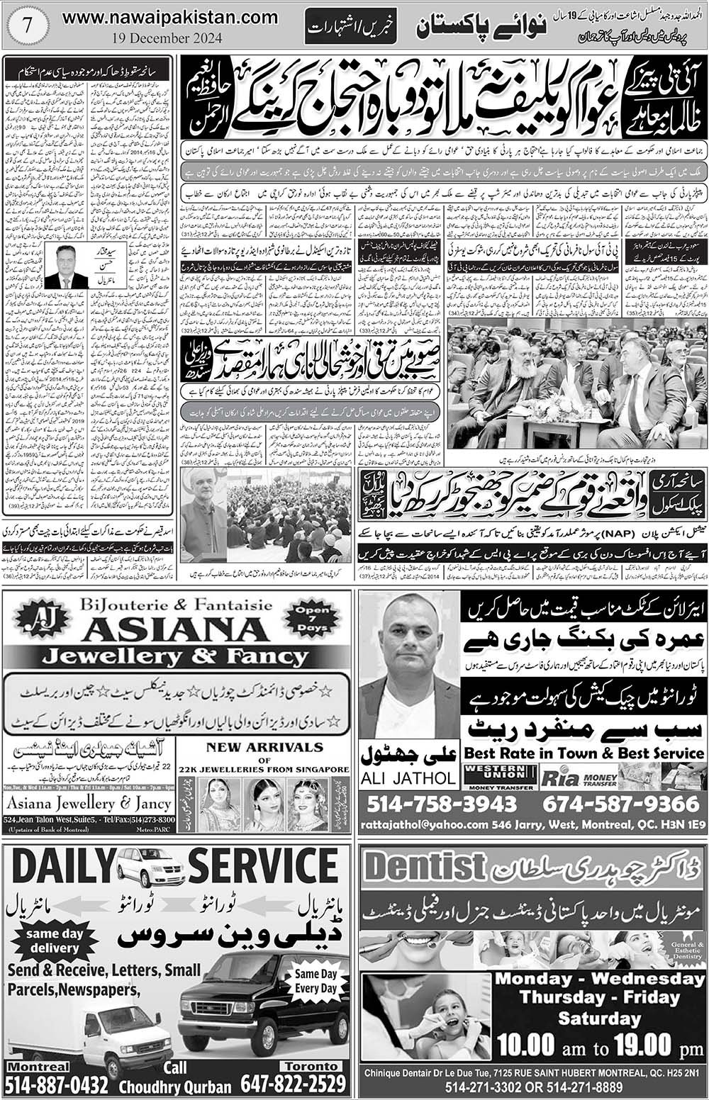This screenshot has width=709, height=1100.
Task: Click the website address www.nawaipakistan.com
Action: pos(160,19)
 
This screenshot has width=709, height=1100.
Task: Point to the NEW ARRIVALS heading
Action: pos(264,747)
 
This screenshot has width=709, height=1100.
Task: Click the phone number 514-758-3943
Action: pos(442,804)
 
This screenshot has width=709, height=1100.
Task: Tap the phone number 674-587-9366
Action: pos(620,804)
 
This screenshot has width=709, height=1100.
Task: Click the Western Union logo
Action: pos(498,777)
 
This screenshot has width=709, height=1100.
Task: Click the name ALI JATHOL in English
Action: pos(408,778)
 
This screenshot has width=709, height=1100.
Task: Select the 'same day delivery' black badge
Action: pos(54,941)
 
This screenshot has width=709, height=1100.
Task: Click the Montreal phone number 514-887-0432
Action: pos(57,1084)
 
